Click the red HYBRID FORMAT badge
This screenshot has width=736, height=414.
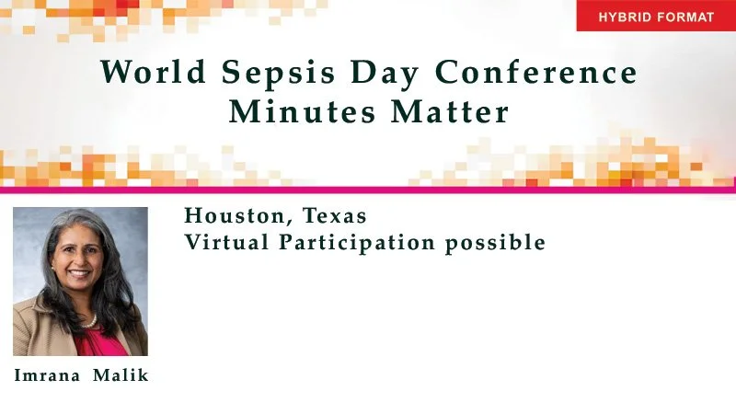coord(656,17)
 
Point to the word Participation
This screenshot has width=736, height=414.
coord(359,243)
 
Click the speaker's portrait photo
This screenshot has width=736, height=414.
coord(80,282)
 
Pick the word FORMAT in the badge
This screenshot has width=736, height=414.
coord(685,17)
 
